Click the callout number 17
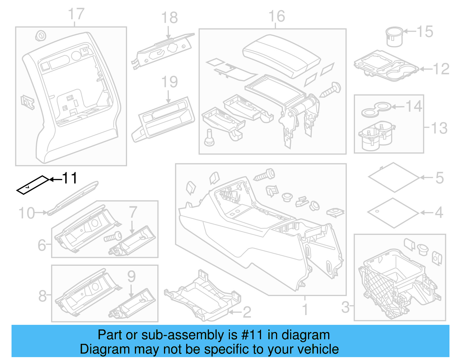[76, 14]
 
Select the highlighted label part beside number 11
[33, 185]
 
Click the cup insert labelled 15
[394, 37]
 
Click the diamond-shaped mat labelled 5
[394, 177]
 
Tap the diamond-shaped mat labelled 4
[393, 213]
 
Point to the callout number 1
[305, 310]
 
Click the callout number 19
[169, 82]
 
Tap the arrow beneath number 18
[168, 33]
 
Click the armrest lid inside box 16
[281, 56]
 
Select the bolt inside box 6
[113, 237]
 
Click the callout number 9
[131, 276]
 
